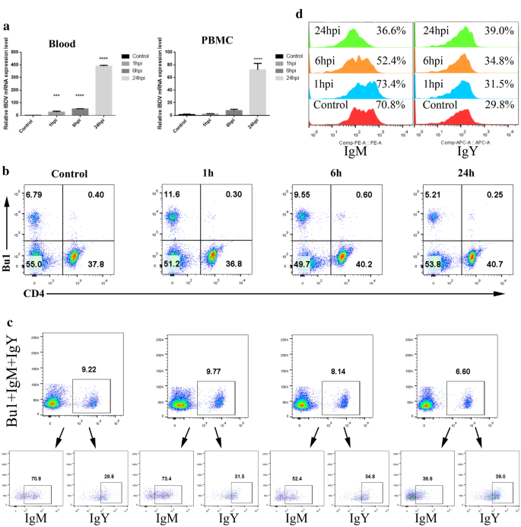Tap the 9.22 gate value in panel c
click(x=91, y=370)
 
